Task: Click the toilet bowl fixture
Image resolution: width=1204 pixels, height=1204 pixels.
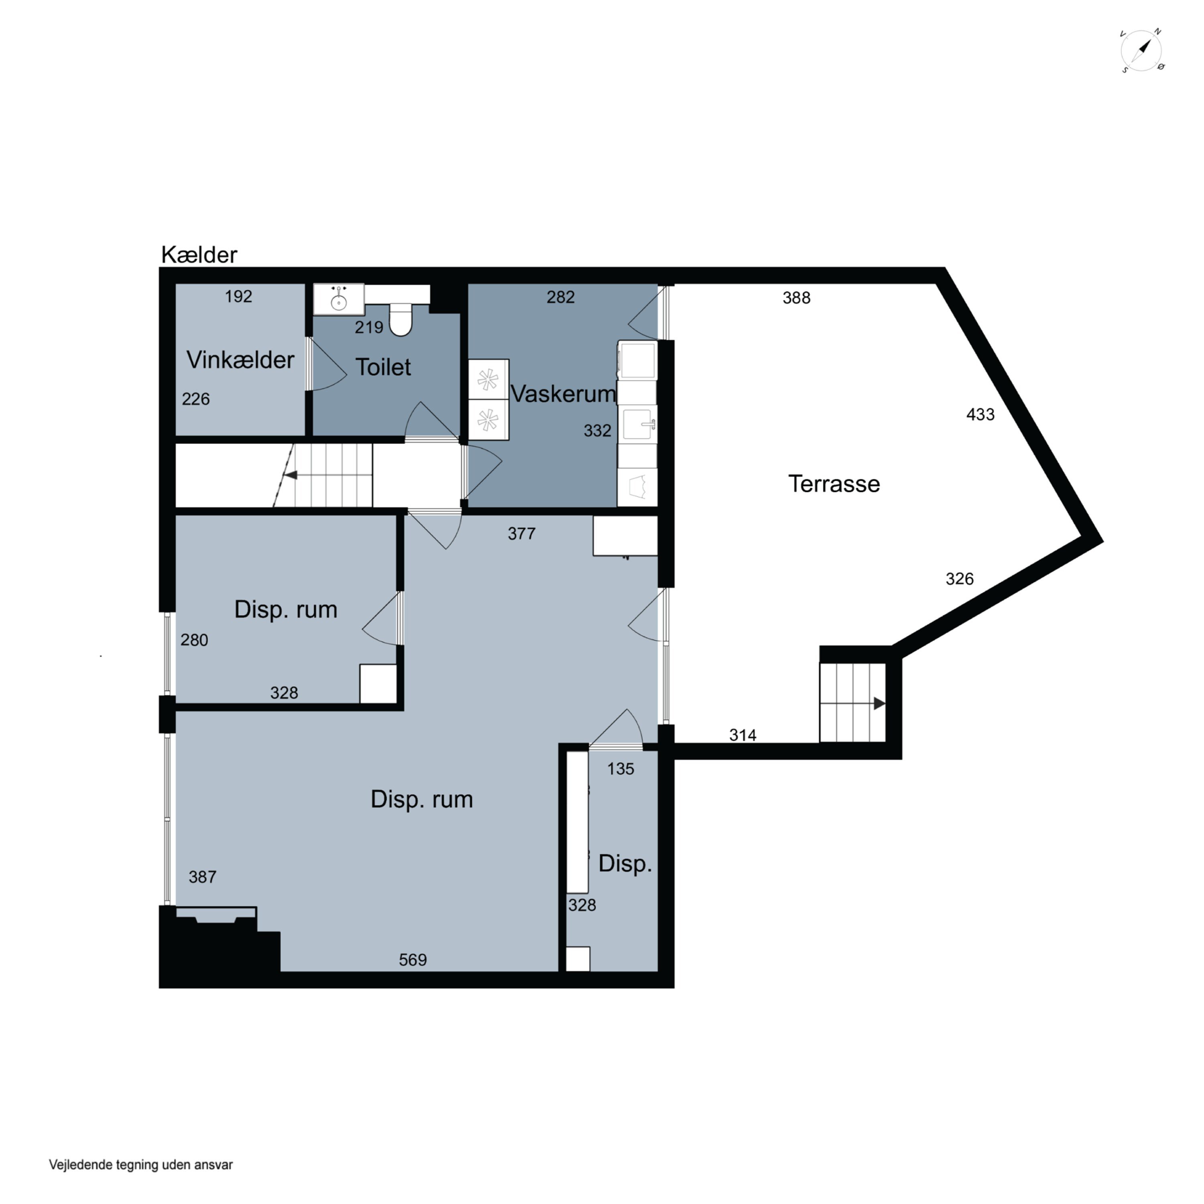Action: [401, 319]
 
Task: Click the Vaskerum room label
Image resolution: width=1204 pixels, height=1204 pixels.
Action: [563, 393]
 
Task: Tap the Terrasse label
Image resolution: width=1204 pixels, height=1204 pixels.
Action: [834, 484]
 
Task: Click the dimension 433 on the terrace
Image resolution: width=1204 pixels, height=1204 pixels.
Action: [980, 415]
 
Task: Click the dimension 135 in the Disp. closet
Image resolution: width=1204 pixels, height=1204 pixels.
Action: [621, 769]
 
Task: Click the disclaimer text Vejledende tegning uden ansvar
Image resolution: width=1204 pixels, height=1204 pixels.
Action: [141, 1165]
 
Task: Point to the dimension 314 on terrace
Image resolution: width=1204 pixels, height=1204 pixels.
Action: [743, 735]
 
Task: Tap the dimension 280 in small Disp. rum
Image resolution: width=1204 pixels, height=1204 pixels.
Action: [194, 640]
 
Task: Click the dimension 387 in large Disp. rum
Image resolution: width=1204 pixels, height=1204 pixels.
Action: [203, 877]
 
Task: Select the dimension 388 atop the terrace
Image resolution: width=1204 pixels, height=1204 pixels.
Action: [796, 298]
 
